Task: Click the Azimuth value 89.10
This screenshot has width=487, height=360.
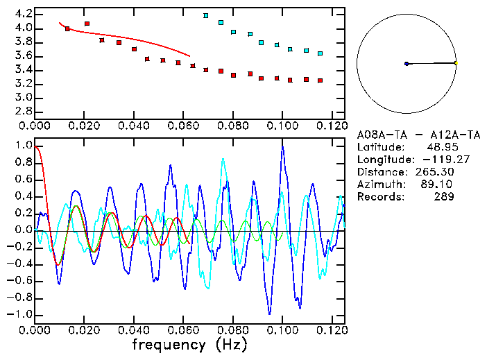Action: (x=441, y=185)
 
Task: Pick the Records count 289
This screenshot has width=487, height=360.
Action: (x=445, y=197)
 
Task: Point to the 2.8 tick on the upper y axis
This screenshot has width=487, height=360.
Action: (x=23, y=111)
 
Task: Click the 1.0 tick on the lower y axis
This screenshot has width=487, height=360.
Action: (x=23, y=146)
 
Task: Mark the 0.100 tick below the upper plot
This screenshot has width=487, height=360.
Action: (x=282, y=126)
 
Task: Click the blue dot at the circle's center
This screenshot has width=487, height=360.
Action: (x=406, y=64)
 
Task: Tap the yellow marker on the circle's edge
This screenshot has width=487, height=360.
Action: (x=456, y=63)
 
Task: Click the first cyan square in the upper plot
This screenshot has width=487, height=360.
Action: (x=206, y=15)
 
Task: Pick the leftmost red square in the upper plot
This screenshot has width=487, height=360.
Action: (x=67, y=29)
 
